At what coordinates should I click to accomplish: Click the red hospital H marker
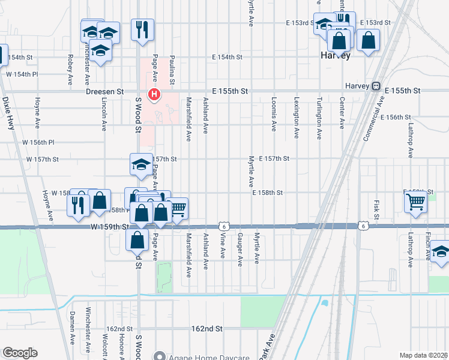point(155,94)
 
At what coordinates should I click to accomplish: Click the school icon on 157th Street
point(141,164)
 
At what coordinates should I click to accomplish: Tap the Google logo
point(20,352)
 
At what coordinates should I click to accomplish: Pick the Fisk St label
point(376,209)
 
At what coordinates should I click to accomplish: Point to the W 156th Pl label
point(38,142)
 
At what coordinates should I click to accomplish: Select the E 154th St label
point(227,57)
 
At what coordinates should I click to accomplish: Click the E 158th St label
point(267,193)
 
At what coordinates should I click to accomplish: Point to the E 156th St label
point(395,117)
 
